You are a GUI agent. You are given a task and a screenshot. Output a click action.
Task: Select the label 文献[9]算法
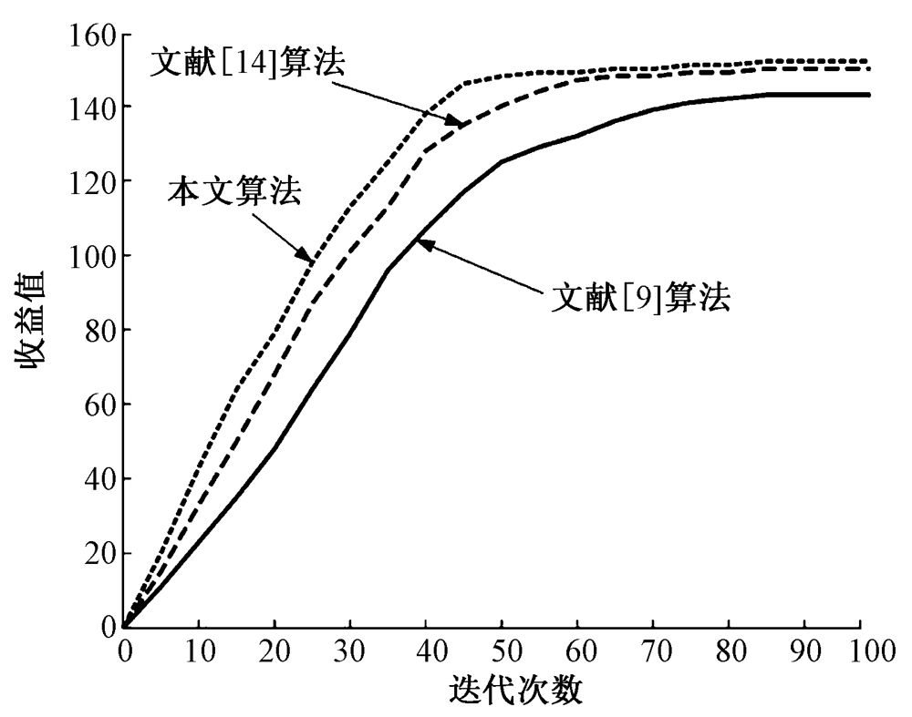pyautogui.click(x=640, y=298)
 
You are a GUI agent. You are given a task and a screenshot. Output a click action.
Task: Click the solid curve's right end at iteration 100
pyautogui.click(x=868, y=95)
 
